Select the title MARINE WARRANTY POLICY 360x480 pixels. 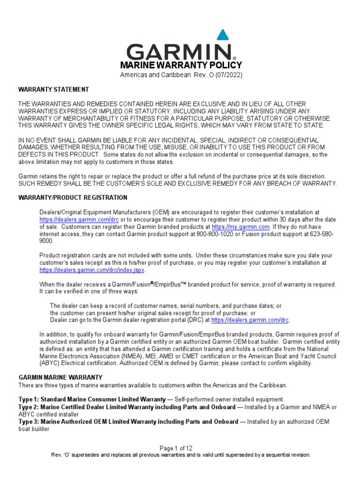click(181, 65)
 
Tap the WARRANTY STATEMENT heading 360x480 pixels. click(53, 90)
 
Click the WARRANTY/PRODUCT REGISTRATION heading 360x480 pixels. click(73, 198)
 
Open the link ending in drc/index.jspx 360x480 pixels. click(92, 270)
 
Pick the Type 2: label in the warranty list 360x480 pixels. click(29, 407)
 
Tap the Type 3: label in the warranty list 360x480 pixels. click(29, 422)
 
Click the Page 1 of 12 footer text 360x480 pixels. click(180, 449)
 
